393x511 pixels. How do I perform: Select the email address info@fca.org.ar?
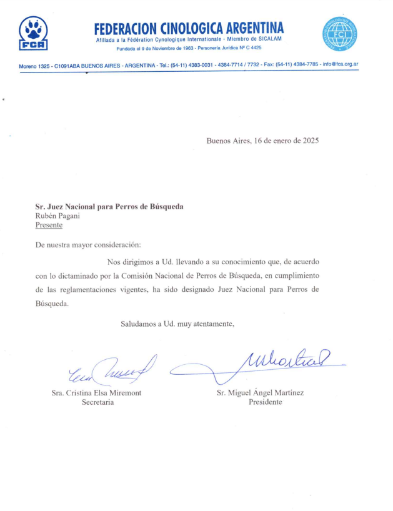341,64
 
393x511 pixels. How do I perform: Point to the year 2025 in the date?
308,141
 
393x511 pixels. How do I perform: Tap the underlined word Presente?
49,225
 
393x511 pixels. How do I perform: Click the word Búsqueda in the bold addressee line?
167,206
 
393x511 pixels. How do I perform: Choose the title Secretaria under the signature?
97,402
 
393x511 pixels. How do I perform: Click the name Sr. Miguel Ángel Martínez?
261,392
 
